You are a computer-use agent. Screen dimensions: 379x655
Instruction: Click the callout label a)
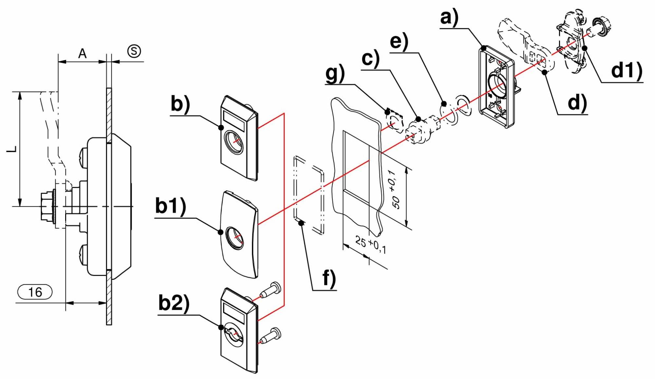[x=449, y=18]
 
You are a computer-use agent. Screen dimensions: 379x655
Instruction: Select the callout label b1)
[x=170, y=206]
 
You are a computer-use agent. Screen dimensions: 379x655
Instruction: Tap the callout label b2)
[x=174, y=303]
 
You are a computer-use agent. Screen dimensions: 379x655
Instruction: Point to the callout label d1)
[x=627, y=70]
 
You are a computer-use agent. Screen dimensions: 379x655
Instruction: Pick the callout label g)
[x=335, y=73]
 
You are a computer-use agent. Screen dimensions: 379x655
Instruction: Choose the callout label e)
[x=399, y=42]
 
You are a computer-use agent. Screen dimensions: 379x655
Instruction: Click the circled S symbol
[x=134, y=51]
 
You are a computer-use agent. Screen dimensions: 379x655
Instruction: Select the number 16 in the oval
[x=35, y=292]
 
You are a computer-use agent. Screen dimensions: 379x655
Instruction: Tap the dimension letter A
[x=82, y=53]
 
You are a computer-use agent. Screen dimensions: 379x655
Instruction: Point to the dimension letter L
[x=12, y=149]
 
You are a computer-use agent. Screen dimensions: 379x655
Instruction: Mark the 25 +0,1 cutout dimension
[x=370, y=245]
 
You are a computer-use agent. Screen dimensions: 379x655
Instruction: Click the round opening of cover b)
[x=234, y=142]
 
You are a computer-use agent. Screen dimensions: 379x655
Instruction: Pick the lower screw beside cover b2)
[x=271, y=336]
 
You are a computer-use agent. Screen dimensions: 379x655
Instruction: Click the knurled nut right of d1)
[x=603, y=26]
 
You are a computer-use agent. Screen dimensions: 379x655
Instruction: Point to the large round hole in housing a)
[x=497, y=85]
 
